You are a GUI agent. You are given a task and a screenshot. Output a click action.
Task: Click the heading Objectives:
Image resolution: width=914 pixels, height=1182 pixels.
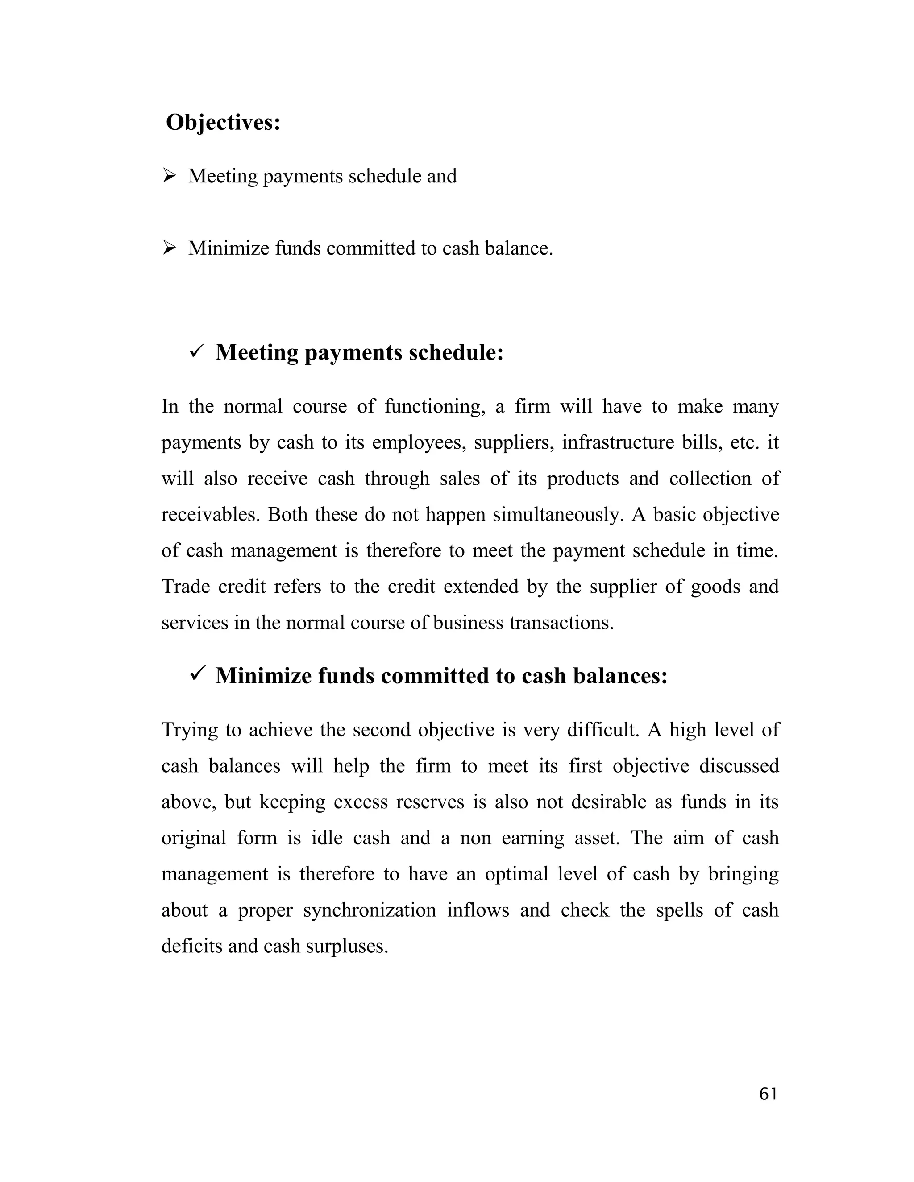click(x=223, y=123)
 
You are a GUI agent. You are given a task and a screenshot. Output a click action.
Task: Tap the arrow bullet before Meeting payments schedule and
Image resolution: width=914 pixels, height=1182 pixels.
click(x=170, y=176)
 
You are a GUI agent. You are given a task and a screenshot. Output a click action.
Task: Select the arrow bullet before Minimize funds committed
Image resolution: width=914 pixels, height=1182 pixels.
click(x=170, y=248)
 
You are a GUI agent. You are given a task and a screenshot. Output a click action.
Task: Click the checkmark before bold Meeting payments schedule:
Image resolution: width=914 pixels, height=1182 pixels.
click(x=196, y=352)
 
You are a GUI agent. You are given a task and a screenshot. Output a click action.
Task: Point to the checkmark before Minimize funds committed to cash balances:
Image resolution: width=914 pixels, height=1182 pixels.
click(x=196, y=675)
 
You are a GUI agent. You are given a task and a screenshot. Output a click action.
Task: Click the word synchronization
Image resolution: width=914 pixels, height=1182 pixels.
click(x=369, y=910)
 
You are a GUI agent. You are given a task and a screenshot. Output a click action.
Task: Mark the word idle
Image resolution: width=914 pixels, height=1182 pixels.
click(x=327, y=838)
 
